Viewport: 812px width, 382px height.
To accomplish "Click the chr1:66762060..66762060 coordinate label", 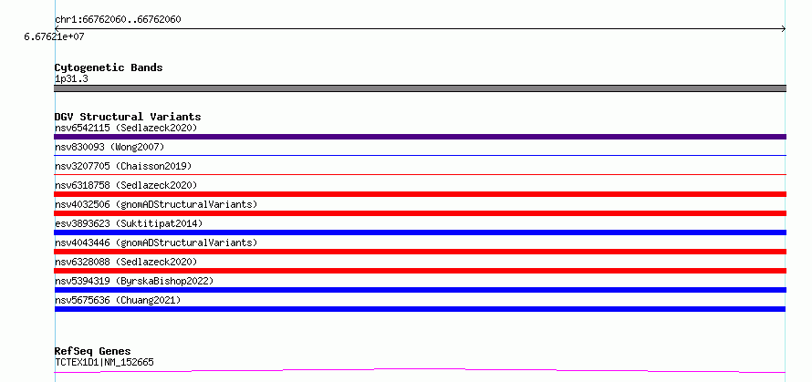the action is point(118,20).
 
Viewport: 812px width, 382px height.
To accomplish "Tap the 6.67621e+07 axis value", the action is point(54,36).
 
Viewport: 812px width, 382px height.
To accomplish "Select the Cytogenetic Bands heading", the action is point(109,67).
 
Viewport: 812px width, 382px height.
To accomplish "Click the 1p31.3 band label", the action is point(71,78).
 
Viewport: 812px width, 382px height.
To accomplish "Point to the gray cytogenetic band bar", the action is point(420,88).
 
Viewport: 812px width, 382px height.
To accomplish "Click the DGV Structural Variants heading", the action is point(128,117).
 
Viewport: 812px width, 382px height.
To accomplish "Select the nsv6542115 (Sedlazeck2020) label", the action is point(126,128).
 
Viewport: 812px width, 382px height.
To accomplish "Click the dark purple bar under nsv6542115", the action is point(420,137).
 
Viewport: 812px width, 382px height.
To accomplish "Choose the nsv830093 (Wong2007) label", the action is point(109,147).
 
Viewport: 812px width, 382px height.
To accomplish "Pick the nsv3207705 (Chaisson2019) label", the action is point(123,166).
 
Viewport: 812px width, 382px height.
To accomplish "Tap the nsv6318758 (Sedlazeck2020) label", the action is point(126,185).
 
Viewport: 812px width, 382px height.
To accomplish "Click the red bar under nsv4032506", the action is point(420,213).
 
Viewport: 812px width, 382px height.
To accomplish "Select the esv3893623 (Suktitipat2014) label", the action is point(129,223).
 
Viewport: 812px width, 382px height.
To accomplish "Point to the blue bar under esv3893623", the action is point(420,232).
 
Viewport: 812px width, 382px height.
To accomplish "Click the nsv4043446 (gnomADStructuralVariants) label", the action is point(156,243).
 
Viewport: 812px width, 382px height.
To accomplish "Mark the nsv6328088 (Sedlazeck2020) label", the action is point(126,262).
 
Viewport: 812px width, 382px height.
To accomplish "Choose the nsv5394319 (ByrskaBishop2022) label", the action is point(134,281).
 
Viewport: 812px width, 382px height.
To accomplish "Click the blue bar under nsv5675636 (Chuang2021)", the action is point(420,309).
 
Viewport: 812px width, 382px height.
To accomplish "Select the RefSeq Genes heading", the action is point(92,351).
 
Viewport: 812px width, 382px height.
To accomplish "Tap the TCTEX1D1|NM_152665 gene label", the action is point(104,362).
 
